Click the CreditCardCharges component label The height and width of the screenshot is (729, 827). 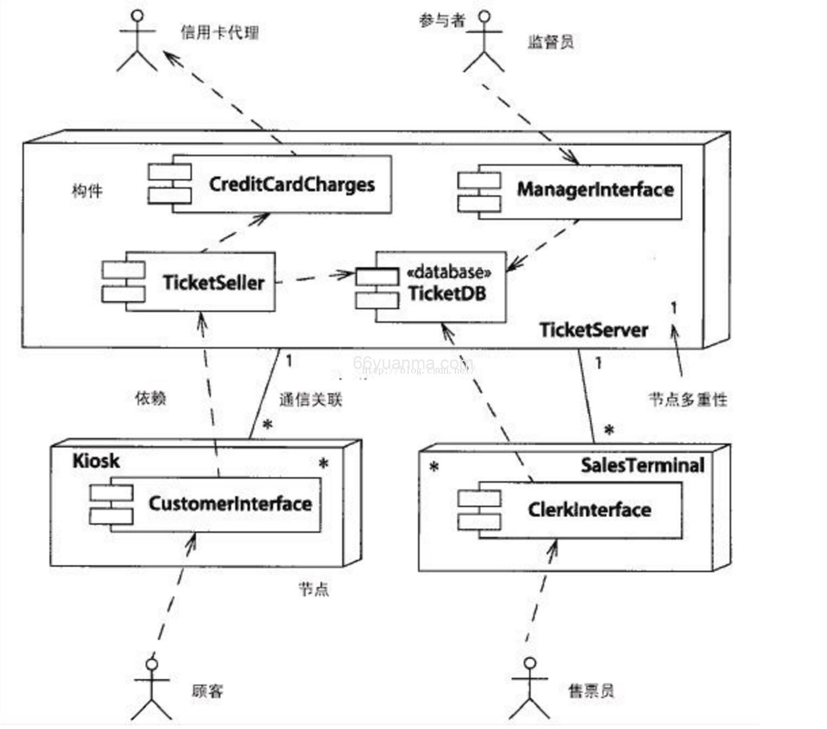pyautogui.click(x=292, y=185)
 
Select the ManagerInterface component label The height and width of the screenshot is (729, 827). pyautogui.click(x=595, y=190)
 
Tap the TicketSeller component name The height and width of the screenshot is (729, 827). pyautogui.click(x=214, y=282)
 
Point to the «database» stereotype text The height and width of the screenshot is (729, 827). pyautogui.click(x=449, y=272)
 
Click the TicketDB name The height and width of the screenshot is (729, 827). pyautogui.click(x=447, y=293)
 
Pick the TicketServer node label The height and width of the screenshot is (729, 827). pyautogui.click(x=593, y=330)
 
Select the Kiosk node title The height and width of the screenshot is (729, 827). pyautogui.click(x=96, y=461)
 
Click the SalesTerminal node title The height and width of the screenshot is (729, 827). pyautogui.click(x=642, y=465)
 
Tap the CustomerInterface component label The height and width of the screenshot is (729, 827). pyautogui.click(x=230, y=504)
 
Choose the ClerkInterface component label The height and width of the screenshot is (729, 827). pyautogui.click(x=589, y=509)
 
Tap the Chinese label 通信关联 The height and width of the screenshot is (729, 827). pyautogui.click(x=311, y=400)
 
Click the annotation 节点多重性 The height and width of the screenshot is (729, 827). pyautogui.click(x=688, y=399)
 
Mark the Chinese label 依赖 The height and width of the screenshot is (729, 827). pyautogui.click(x=150, y=398)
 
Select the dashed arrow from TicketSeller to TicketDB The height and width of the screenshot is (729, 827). pyautogui.click(x=314, y=278)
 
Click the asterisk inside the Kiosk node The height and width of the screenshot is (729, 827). pyautogui.click(x=324, y=464)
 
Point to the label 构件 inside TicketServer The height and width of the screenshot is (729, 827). pyautogui.click(x=87, y=191)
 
